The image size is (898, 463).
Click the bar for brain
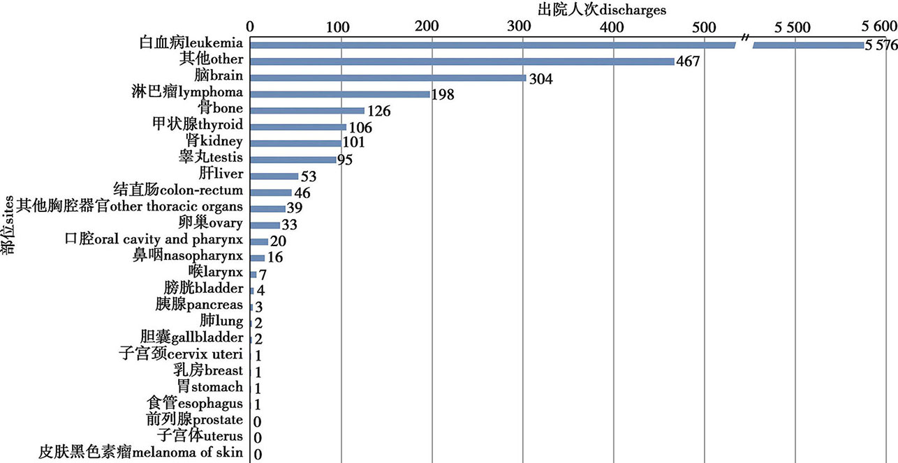tap(388, 77)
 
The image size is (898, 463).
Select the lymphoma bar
tap(340, 94)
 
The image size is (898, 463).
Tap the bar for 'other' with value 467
tap(462, 61)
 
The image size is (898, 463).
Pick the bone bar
tap(307, 110)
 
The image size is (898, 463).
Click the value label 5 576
tap(881, 46)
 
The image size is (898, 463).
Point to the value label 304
tap(540, 79)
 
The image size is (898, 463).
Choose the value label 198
tap(444, 95)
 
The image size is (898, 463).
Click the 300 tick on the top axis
tap(523, 27)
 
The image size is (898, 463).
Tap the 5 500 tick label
tap(795, 27)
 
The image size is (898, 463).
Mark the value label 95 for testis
tap(345, 160)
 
